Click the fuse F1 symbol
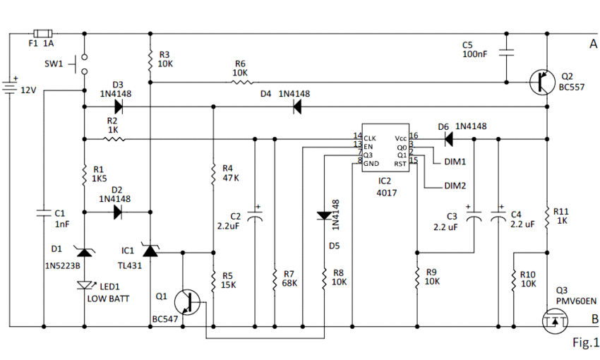[x=43, y=34]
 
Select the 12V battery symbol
[x=10, y=88]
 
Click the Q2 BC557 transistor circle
[x=542, y=83]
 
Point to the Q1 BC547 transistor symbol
[x=187, y=302]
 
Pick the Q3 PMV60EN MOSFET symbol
[x=555, y=320]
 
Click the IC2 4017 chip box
[x=385, y=148]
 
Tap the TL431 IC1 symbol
[x=150, y=251]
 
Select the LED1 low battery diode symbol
[x=85, y=285]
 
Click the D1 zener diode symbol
[x=84, y=251]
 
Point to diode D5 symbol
[x=325, y=216]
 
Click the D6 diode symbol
[x=449, y=139]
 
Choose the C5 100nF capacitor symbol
[x=506, y=52]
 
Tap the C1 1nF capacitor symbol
[x=44, y=212]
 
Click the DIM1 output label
[x=455, y=162]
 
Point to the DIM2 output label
[x=455, y=186]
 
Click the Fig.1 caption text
[x=585, y=342]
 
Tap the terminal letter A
[x=594, y=44]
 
